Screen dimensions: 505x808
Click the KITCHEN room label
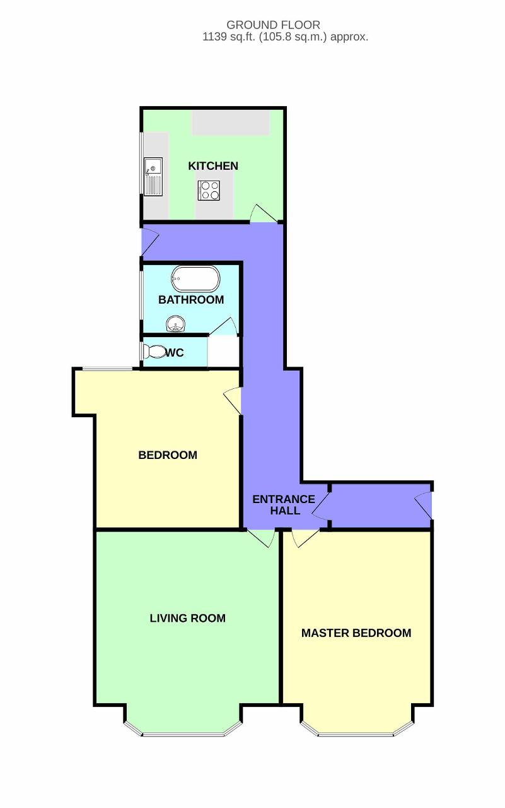click(x=213, y=166)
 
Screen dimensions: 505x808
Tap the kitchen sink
click(x=153, y=176)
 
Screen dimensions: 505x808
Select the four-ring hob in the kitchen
click(x=209, y=190)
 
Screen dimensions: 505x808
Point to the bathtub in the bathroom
click(x=195, y=279)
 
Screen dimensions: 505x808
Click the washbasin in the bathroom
click(x=176, y=324)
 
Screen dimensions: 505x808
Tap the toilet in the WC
click(x=154, y=352)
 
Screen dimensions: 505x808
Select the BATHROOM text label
click(x=191, y=300)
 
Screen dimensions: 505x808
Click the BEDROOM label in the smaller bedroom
click(x=168, y=455)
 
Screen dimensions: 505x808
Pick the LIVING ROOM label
click(x=188, y=618)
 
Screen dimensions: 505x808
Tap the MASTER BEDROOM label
click(x=356, y=633)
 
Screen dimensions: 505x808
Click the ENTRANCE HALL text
click(x=284, y=504)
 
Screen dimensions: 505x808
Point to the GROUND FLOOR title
click(x=274, y=25)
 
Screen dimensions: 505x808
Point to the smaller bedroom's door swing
click(x=233, y=401)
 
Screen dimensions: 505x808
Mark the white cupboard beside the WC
click(x=223, y=351)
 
